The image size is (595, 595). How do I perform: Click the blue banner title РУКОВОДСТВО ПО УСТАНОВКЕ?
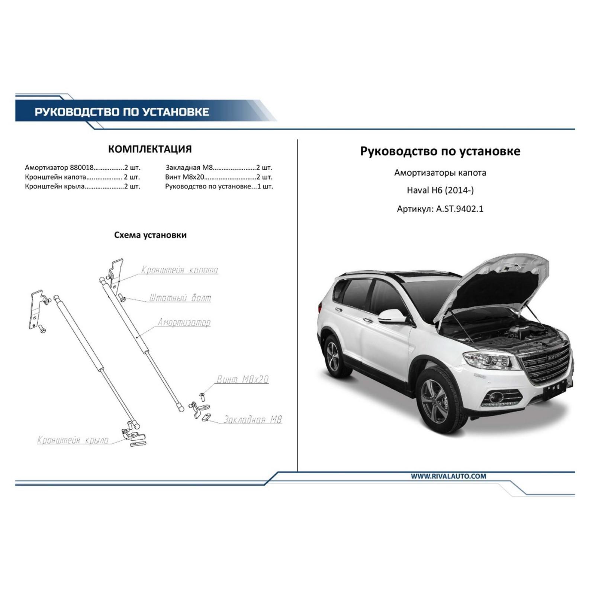122,112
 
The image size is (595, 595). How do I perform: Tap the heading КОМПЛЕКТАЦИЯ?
150,149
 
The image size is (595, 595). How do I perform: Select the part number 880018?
81,168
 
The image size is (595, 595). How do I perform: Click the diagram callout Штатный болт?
180,298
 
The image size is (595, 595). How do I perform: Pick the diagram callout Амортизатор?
184,322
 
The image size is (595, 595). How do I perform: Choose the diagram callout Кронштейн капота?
180,270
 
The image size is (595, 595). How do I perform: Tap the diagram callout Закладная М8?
253,419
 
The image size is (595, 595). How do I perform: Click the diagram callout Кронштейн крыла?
73,440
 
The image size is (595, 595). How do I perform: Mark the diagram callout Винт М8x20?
242,379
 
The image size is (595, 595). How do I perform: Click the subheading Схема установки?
150,235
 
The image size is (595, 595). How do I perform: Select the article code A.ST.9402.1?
460,209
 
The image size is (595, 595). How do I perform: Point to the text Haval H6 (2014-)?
440,190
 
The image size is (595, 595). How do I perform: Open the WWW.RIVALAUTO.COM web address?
448,476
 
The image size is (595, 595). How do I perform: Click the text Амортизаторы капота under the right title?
440,173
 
